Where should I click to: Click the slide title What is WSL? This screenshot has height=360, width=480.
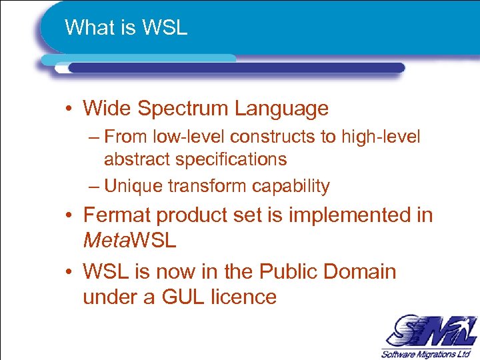[x=126, y=28]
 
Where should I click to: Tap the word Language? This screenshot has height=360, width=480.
[x=284, y=108]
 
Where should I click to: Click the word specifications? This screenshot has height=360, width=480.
[x=232, y=159]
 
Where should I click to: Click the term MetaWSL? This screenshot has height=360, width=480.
[x=129, y=240]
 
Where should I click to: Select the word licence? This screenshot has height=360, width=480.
[x=244, y=297]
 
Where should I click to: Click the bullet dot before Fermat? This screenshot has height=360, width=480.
[x=69, y=216]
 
